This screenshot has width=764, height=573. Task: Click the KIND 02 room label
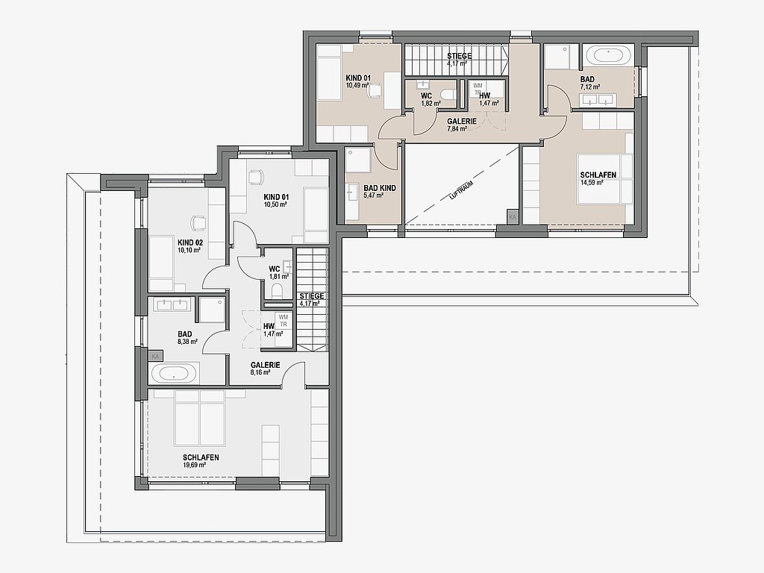(190, 242)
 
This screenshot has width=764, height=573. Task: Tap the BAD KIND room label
(380, 188)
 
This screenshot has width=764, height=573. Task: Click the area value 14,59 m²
(592, 183)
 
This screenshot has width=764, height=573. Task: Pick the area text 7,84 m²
(457, 129)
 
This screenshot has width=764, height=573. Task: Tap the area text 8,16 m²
(260, 372)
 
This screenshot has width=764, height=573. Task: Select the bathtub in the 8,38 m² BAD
(175, 374)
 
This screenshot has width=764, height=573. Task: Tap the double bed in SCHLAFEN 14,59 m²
(604, 179)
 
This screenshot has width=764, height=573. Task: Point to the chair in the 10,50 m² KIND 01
(255, 177)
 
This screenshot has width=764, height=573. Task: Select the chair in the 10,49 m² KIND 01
(374, 90)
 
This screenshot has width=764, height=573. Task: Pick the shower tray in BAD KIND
(359, 161)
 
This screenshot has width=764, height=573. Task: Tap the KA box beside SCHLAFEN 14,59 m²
(512, 217)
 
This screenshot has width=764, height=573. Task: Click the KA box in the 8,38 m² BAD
(155, 356)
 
